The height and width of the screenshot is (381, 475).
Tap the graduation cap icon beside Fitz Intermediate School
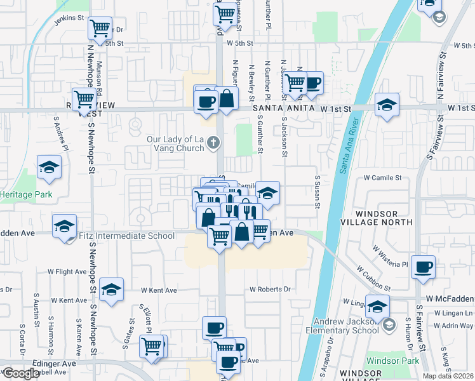64,226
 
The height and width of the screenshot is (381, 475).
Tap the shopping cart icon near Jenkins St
100,28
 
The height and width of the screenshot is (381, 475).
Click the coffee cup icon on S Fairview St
424,267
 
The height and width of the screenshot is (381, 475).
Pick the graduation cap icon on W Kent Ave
111,290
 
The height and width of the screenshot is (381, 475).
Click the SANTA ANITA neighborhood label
284,109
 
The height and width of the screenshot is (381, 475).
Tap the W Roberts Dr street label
270,289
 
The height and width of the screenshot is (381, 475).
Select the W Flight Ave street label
67,271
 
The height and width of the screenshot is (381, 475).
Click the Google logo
20,373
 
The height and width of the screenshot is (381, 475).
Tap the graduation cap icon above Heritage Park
48,167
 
